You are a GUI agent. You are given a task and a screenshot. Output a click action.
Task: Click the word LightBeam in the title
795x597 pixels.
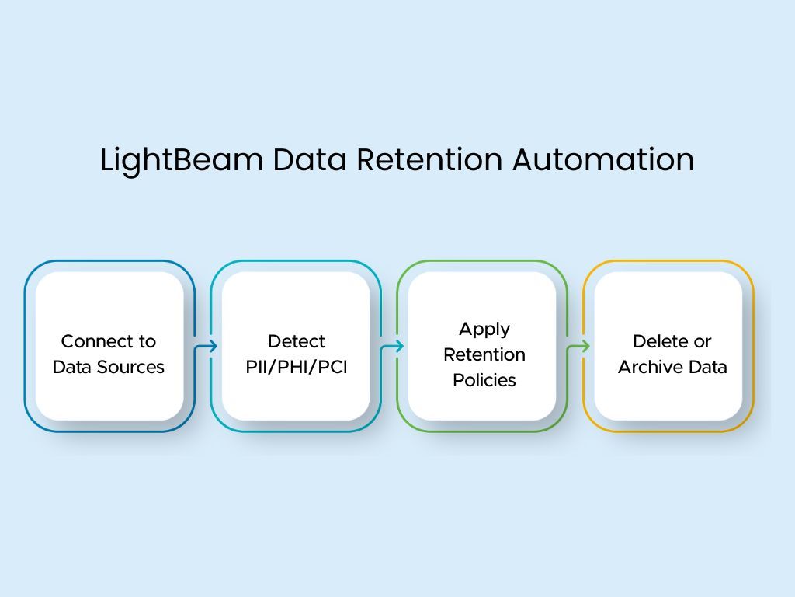(181, 160)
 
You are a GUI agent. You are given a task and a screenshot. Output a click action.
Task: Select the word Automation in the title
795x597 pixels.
(603, 159)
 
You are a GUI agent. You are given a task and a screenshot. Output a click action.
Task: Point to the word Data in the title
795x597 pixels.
(309, 159)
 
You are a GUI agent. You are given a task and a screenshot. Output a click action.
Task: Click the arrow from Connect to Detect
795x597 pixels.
(206, 347)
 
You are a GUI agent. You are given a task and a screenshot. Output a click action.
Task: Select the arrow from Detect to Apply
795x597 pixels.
(392, 347)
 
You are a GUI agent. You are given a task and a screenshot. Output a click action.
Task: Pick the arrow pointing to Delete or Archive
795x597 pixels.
(578, 347)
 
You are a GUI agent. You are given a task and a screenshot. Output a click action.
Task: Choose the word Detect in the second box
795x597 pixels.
(296, 341)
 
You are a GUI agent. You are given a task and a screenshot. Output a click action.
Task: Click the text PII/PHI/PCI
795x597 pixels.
(296, 367)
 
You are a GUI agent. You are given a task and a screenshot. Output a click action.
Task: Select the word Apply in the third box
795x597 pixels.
(484, 329)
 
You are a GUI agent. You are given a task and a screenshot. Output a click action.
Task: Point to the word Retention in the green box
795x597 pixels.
(484, 354)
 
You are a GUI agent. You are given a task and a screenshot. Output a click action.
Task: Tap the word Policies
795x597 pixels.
(484, 380)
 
